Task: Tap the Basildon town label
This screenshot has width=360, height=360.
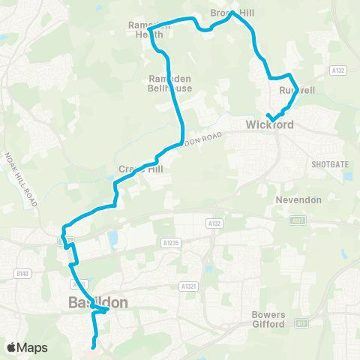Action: coord(97,302)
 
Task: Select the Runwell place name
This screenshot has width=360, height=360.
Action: coord(297,91)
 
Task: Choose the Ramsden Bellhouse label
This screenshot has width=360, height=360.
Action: coord(169,82)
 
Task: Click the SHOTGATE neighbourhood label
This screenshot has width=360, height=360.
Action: coord(327,161)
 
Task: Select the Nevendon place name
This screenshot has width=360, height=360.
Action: coord(298,200)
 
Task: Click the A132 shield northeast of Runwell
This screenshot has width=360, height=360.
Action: coord(336,70)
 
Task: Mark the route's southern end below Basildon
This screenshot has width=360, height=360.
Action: coord(93,346)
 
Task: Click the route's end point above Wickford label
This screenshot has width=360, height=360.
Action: coord(268,114)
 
